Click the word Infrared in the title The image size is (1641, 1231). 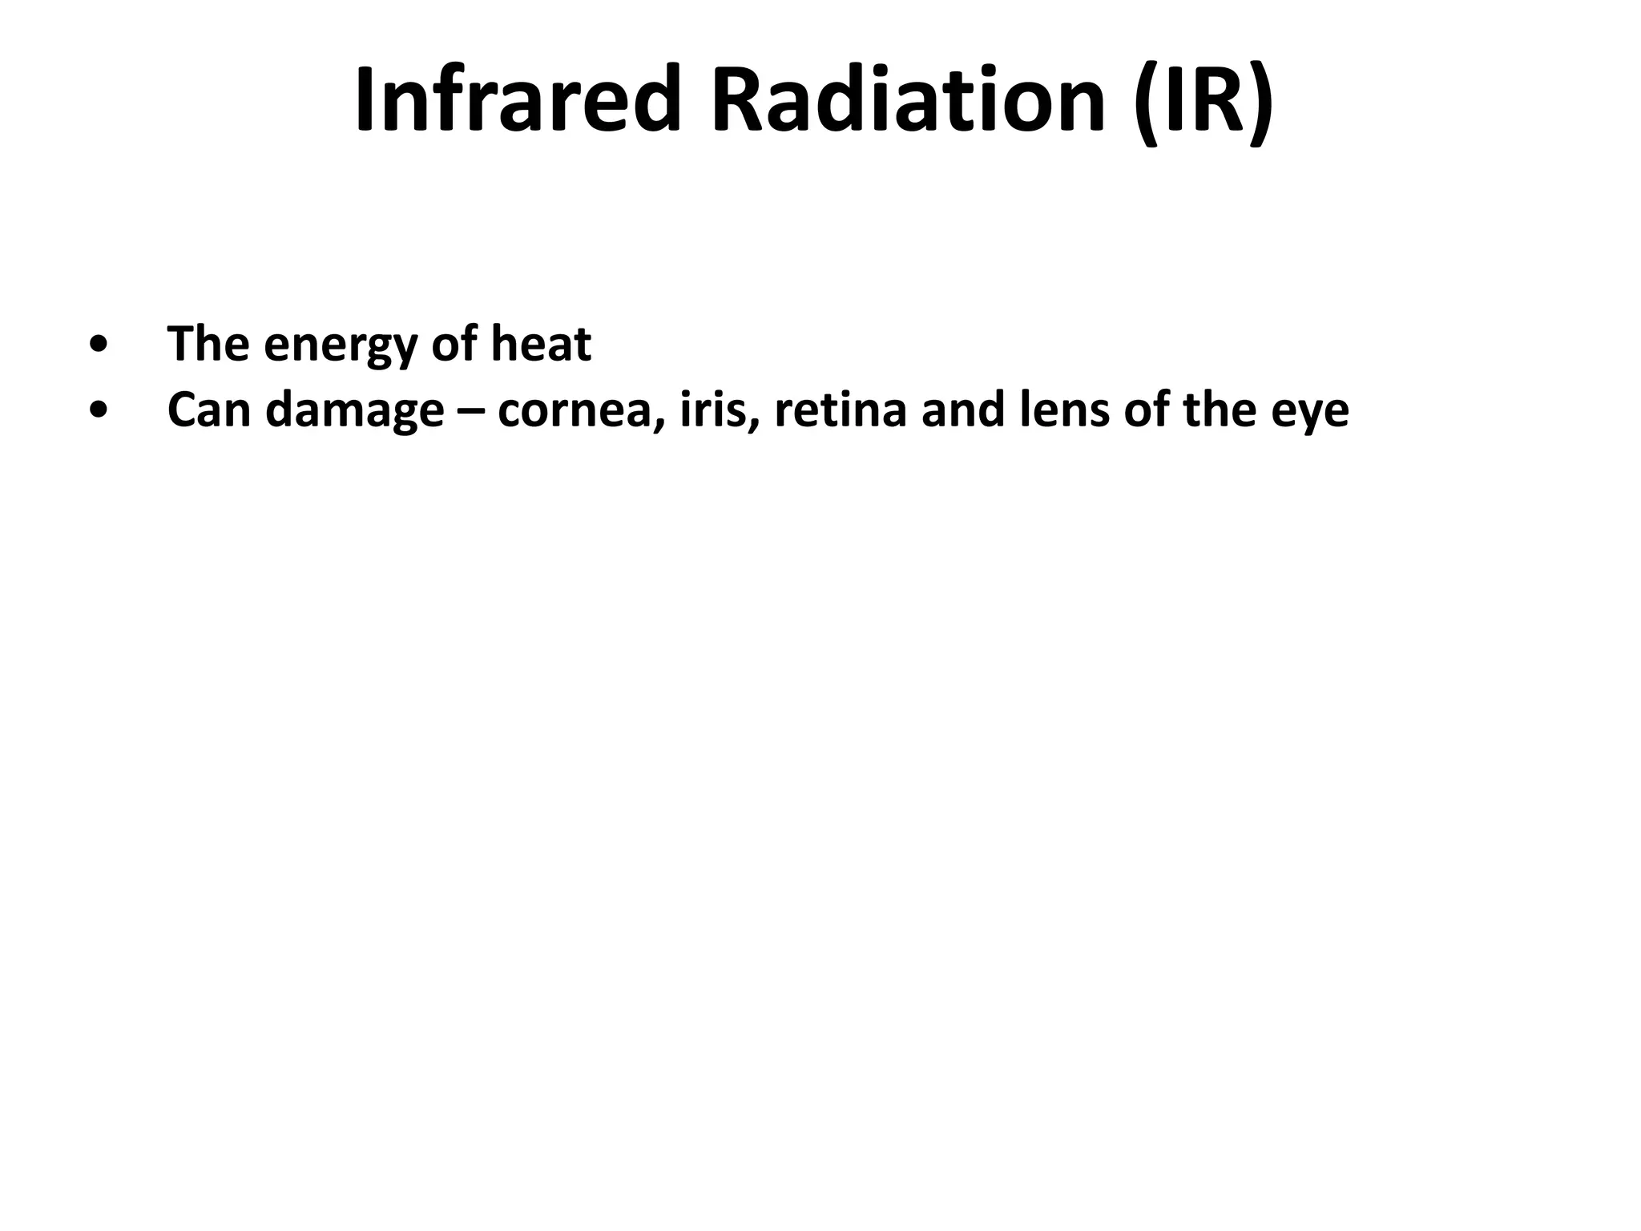coord(518,99)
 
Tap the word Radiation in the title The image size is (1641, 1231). coord(909,99)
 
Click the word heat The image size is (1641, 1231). coord(541,345)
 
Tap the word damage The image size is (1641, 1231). coord(354,412)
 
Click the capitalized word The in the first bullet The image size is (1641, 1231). coord(208,345)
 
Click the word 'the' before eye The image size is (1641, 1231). coord(1220,410)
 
